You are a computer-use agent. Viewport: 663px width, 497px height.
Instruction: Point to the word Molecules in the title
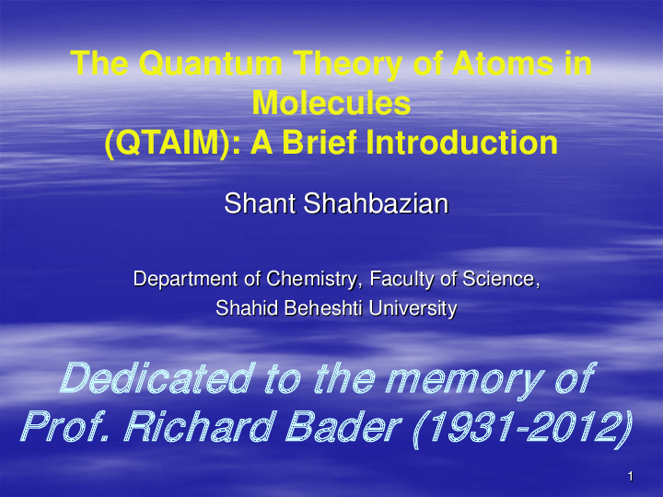pyautogui.click(x=331, y=103)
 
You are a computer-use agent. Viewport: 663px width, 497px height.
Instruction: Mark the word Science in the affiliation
pyautogui.click(x=500, y=278)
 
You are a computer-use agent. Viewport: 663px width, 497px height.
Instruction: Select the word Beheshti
pyautogui.click(x=316, y=309)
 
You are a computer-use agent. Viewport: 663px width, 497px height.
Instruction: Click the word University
pyautogui.click(x=414, y=309)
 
